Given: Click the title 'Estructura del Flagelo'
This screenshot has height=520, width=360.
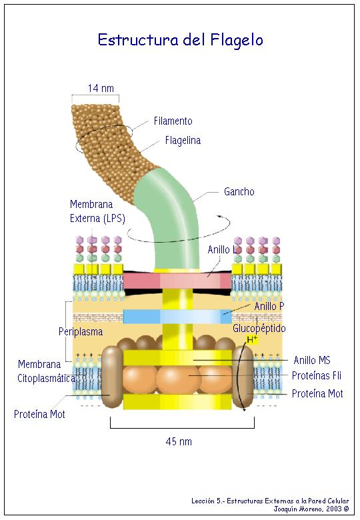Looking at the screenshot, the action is point(180,40).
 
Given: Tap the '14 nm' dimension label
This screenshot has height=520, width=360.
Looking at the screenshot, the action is point(101,88).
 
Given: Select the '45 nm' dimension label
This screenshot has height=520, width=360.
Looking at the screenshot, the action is point(179,442).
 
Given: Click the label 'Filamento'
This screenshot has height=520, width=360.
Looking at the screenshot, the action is point(173,121).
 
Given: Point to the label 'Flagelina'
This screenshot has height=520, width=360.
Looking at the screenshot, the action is point(183,140).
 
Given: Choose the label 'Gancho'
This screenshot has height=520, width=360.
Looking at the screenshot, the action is point(239,191).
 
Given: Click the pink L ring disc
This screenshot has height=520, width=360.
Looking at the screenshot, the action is point(177,281).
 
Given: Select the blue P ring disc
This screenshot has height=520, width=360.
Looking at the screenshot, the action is point(177,316).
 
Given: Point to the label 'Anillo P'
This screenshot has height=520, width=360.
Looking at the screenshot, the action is point(269,306).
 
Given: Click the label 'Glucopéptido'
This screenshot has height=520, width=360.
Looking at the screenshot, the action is point(259,329).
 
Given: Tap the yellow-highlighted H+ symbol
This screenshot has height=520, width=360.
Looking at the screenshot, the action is point(252,339).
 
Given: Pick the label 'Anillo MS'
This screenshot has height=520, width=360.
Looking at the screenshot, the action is point(312,360).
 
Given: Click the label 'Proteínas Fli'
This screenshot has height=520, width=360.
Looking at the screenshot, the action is point(317,375).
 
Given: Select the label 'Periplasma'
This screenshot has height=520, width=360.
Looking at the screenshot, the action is point(81,331).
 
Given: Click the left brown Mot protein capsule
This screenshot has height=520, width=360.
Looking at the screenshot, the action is point(111,377).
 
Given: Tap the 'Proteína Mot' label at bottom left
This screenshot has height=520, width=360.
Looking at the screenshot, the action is point(39,414).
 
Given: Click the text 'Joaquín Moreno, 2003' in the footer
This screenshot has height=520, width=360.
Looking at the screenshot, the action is point(307,509).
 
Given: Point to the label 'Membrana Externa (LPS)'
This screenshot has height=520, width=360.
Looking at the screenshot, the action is point(97,211).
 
